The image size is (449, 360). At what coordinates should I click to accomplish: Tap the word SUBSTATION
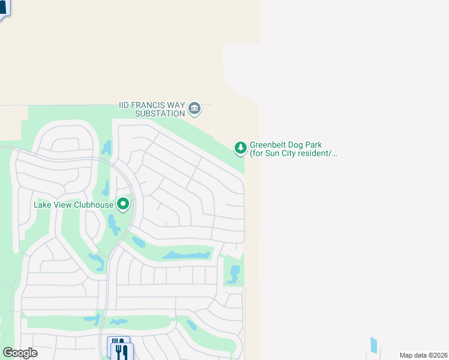tap(160, 113)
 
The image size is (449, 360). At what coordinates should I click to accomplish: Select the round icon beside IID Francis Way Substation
tap(194, 109)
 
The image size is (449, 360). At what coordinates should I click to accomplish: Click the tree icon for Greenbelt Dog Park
tap(240, 148)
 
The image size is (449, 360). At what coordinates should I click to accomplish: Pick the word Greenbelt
tap(268, 145)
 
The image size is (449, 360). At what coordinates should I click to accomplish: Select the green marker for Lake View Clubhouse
tap(123, 205)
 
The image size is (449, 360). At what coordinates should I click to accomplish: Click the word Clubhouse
tap(93, 205)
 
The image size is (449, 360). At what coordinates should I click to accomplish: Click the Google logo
tap(20, 353)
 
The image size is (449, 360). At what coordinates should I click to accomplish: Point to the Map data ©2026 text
tap(423, 355)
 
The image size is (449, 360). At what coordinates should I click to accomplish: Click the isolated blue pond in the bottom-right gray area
tap(374, 345)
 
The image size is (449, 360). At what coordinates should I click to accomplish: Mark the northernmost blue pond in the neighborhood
tap(107, 147)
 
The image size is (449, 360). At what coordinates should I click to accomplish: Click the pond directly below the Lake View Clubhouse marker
tap(113, 224)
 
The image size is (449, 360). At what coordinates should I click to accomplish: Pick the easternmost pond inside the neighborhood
tap(234, 274)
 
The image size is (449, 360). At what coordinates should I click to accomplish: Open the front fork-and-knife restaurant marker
tap(122, 350)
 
